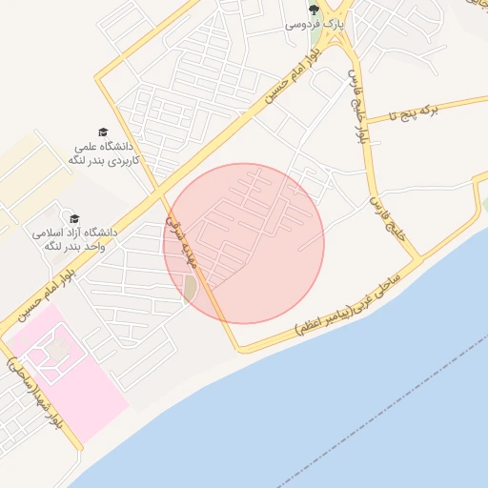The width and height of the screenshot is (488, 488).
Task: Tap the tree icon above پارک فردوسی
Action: (314, 7)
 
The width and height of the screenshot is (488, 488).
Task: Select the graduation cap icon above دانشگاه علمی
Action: (102, 132)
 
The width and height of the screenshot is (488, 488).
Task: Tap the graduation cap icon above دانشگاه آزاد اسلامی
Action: (74, 218)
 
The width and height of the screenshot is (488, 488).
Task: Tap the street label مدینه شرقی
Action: (179, 237)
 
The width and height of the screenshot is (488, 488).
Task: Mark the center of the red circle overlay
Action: (244, 243)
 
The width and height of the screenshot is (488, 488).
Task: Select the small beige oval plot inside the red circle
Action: (190, 287)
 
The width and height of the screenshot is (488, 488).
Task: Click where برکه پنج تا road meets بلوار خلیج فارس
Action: (368, 121)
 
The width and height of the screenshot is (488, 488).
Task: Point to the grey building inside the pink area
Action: (59, 349)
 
